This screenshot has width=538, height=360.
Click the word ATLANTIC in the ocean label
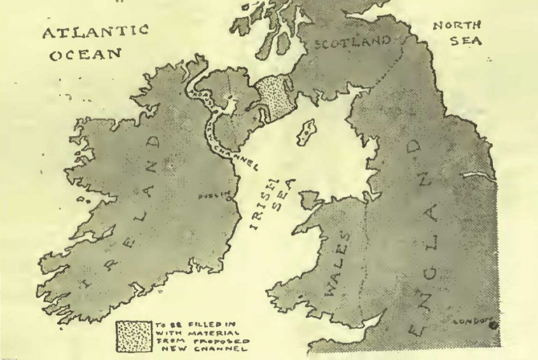click(95, 32)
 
